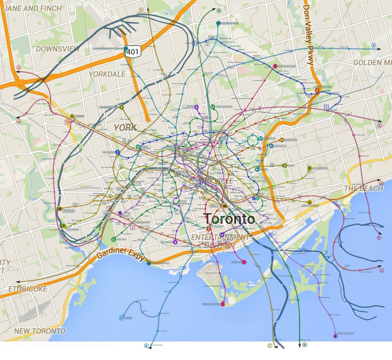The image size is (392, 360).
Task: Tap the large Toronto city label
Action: (229, 219)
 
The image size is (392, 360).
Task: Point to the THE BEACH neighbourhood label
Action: (363, 188)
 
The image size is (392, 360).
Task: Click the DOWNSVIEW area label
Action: (58, 49)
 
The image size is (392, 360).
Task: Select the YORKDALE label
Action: (107, 74)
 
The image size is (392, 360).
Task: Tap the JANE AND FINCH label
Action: (32, 8)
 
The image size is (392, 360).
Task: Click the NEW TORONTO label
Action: (40, 331)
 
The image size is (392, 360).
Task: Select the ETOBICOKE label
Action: (28, 289)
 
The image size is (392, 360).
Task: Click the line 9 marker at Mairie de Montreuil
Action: (309, 169)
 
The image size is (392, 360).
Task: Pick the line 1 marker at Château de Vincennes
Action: (310, 203)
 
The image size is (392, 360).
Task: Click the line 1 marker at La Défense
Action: (72, 116)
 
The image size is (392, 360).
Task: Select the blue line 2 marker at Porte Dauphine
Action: (117, 152)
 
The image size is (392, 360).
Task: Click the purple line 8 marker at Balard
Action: (120, 213)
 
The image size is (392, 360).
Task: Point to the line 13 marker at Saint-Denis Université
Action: (218, 23)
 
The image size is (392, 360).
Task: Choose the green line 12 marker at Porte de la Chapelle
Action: (213, 107)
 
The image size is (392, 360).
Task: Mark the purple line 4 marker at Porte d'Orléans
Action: (175, 242)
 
